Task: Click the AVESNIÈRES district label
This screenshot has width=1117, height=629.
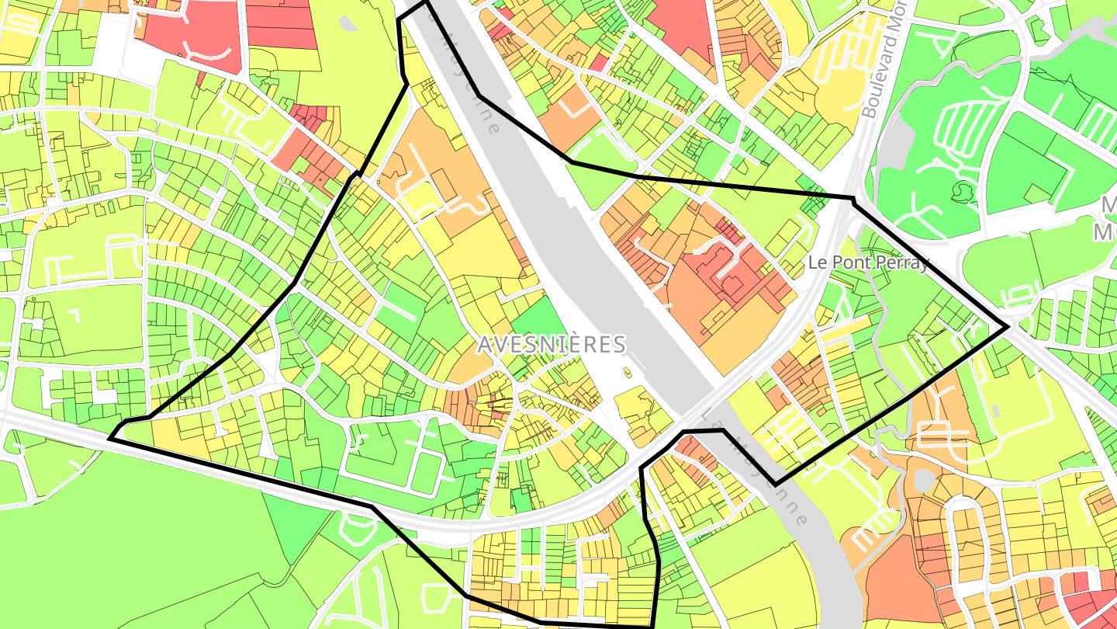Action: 552,344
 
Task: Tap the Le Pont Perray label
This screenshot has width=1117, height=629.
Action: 868,262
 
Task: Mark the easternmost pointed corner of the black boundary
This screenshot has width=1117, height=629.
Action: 1008,327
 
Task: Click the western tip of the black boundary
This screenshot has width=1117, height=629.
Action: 110,439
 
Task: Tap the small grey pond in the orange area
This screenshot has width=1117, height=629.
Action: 924,480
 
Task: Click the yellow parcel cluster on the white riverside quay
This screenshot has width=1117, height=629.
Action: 641,412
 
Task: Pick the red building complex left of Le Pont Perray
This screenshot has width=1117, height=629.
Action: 733,272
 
